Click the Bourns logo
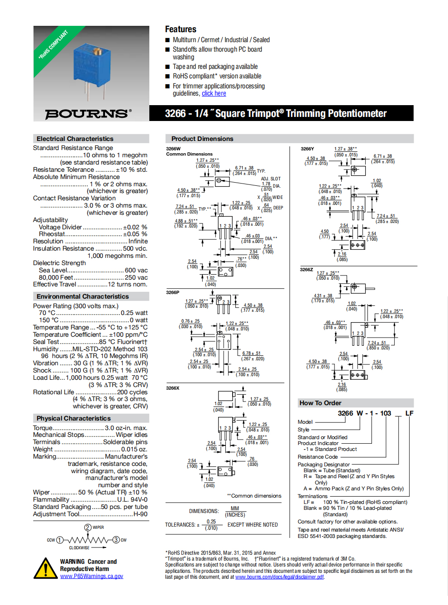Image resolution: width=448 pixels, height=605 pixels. click(x=88, y=113)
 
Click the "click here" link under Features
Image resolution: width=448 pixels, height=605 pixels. click(x=214, y=93)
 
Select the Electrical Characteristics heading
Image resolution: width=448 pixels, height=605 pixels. click(x=75, y=139)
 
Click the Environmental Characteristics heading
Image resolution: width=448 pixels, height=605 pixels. click(x=83, y=296)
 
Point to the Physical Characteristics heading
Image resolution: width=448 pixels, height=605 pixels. click(x=74, y=418)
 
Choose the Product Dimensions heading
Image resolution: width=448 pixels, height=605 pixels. click(x=202, y=139)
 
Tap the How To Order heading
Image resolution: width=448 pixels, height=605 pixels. click(x=320, y=403)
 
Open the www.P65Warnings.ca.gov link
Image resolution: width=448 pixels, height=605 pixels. click(x=91, y=576)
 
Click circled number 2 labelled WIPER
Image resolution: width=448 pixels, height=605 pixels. click(x=88, y=528)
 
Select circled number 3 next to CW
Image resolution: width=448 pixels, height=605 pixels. click(x=116, y=540)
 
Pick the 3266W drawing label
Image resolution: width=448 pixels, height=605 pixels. click(x=173, y=149)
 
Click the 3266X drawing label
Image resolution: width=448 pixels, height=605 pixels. click(x=173, y=388)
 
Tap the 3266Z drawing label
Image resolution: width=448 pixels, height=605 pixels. click(x=306, y=270)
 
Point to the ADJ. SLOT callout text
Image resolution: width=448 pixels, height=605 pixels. click(x=271, y=179)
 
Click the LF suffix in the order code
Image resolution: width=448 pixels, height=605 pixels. click(x=409, y=413)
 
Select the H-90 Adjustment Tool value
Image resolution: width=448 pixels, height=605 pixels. click(x=140, y=514)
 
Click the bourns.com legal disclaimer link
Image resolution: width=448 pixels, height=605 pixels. click(x=280, y=577)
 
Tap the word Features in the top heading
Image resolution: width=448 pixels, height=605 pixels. click(x=181, y=29)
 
